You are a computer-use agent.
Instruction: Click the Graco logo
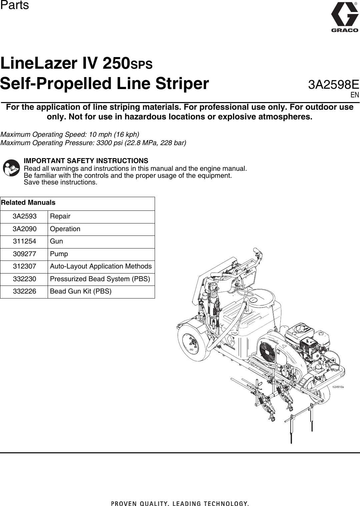(x=344, y=17)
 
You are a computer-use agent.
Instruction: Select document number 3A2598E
(x=333, y=85)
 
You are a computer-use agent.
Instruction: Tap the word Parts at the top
(x=14, y=5)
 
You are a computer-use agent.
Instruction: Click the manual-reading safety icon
(x=11, y=168)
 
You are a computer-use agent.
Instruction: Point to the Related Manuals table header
(x=28, y=203)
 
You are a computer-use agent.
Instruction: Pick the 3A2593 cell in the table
(x=24, y=216)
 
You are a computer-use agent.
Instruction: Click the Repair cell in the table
(x=60, y=216)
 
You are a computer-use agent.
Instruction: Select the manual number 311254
(x=24, y=241)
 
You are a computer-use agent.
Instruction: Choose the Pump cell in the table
(x=59, y=254)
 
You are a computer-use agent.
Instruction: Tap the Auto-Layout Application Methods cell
(x=101, y=267)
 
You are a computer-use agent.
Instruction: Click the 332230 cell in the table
(x=24, y=279)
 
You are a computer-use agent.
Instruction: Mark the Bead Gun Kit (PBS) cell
(x=81, y=292)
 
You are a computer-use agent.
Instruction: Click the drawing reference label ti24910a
(x=338, y=387)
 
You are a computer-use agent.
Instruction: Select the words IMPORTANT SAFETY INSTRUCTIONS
(x=86, y=161)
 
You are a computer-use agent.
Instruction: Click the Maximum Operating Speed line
(x=70, y=134)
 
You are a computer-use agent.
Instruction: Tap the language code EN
(x=354, y=95)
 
